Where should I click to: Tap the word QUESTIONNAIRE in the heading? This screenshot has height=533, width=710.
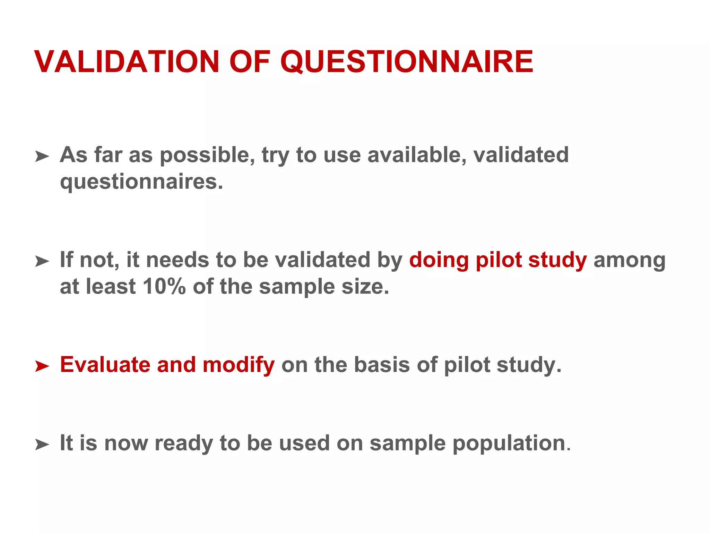[x=407, y=62]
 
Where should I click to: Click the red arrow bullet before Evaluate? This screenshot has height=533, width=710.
[x=42, y=366]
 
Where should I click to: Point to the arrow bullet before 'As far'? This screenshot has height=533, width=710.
[x=42, y=156]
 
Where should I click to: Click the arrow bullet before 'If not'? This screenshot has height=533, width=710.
[x=42, y=261]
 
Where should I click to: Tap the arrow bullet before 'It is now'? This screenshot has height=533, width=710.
[x=42, y=445]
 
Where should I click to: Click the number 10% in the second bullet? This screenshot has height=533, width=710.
[x=164, y=287]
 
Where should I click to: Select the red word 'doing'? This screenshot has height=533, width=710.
[x=439, y=260]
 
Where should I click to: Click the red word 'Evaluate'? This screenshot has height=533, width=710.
[x=105, y=365]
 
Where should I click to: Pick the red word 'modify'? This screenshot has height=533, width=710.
[x=239, y=365]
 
